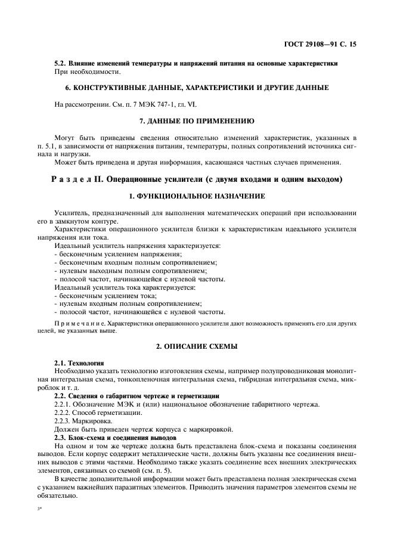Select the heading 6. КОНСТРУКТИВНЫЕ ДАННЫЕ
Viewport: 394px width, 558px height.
(196, 88)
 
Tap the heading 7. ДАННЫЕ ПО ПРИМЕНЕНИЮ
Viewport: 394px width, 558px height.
(196, 121)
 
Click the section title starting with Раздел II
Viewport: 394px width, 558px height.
(196, 179)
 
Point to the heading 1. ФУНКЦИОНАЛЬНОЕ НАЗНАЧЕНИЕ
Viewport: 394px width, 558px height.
(196, 196)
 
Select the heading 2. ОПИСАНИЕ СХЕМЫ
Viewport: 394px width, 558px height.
(196, 346)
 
